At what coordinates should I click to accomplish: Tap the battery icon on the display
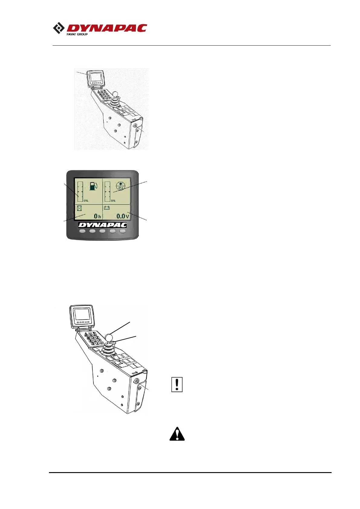[107, 208]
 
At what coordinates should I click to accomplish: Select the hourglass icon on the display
[79, 208]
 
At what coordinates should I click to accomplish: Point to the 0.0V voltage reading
[123, 216]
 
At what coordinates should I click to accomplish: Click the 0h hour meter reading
[97, 216]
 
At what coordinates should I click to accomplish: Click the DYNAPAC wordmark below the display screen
[102, 225]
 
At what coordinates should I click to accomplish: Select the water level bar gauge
[107, 192]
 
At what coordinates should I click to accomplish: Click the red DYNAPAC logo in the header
[106, 28]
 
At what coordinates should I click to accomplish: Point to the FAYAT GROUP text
[77, 34]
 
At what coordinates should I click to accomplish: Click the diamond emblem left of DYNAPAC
[59, 28]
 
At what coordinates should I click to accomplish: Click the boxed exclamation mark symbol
[177, 384]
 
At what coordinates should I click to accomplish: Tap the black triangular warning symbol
[177, 434]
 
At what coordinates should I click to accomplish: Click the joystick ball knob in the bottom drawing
[109, 337]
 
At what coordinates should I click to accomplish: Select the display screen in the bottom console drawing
[82, 314]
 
